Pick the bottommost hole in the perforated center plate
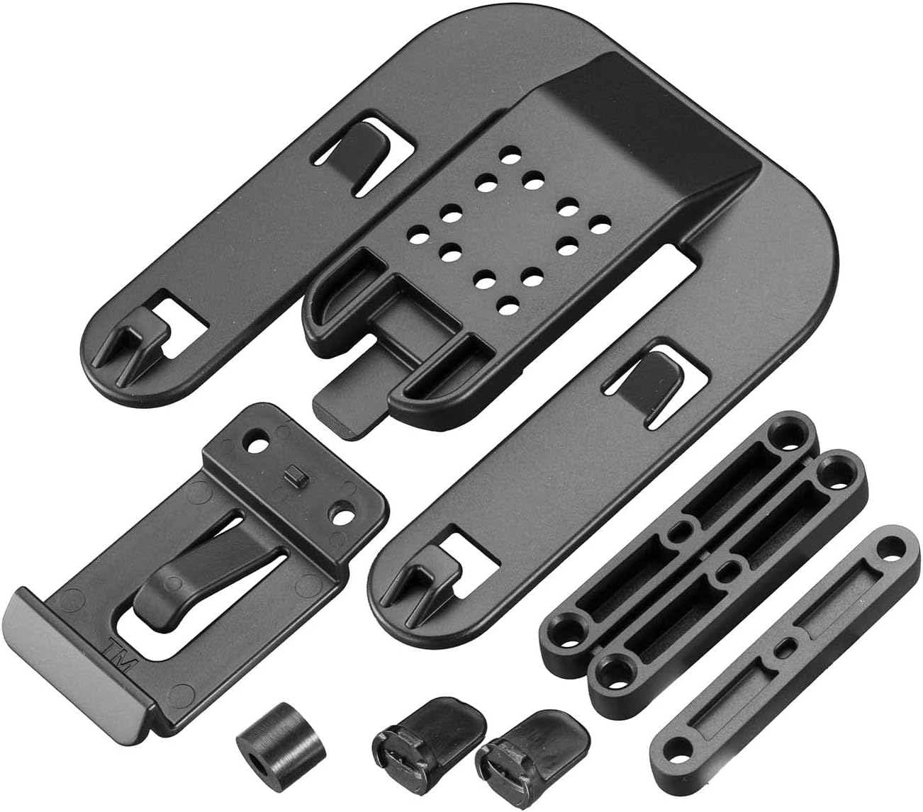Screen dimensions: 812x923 coord(506,306)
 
